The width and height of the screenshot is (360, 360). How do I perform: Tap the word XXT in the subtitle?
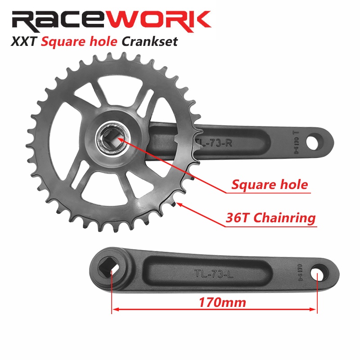click(22, 42)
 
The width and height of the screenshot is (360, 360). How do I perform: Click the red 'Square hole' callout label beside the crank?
click(270, 184)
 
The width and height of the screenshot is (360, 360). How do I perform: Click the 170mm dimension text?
click(223, 302)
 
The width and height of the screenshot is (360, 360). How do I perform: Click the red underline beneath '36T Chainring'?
click(270, 225)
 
